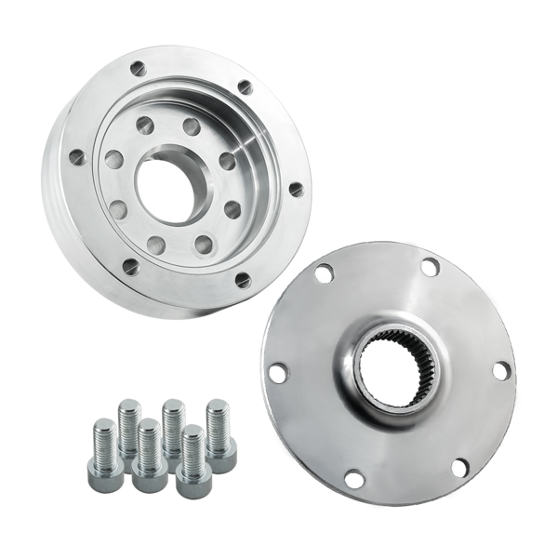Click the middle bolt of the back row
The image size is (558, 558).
(x=174, y=429)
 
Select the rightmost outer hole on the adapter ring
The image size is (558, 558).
(x=296, y=189)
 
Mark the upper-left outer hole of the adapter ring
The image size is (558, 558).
(x=137, y=68)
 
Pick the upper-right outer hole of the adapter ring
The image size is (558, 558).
(x=246, y=87)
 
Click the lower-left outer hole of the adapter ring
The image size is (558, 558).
(x=130, y=267)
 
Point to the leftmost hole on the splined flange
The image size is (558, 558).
(x=276, y=373)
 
